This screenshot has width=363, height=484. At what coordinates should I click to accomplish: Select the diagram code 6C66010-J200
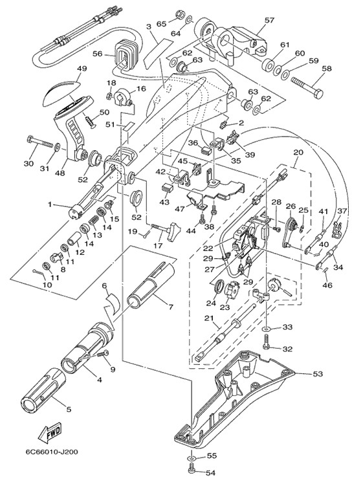pyautogui.click(x=52, y=452)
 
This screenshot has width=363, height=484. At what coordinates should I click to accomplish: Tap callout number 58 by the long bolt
pyautogui.click(x=326, y=68)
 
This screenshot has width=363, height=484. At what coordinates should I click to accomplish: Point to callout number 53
pyautogui.click(x=318, y=374)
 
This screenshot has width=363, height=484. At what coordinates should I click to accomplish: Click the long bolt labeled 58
pyautogui.click(x=307, y=87)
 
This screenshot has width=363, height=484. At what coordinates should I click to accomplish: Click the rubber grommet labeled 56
pyautogui.click(x=126, y=54)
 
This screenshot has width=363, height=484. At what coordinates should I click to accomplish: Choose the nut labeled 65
pyautogui.click(x=179, y=14)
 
